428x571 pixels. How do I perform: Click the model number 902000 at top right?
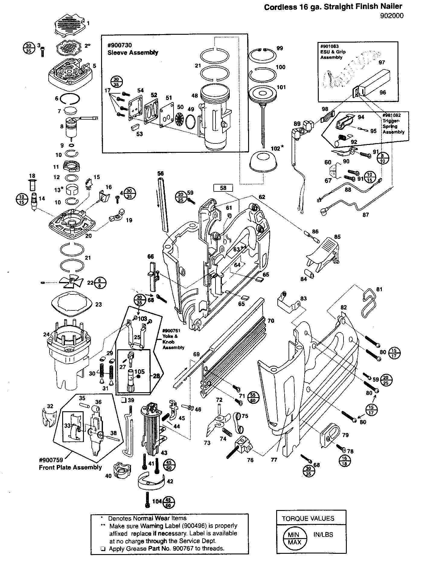(392, 16)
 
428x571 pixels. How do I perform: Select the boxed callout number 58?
(223, 188)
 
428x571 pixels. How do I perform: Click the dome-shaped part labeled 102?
(263, 162)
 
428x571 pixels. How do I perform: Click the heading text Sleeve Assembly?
(133, 53)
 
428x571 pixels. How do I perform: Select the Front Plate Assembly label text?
(70, 467)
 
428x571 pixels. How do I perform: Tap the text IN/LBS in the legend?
(323, 534)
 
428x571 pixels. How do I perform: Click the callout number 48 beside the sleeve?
(195, 96)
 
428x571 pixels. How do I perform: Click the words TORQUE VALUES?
(308, 518)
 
